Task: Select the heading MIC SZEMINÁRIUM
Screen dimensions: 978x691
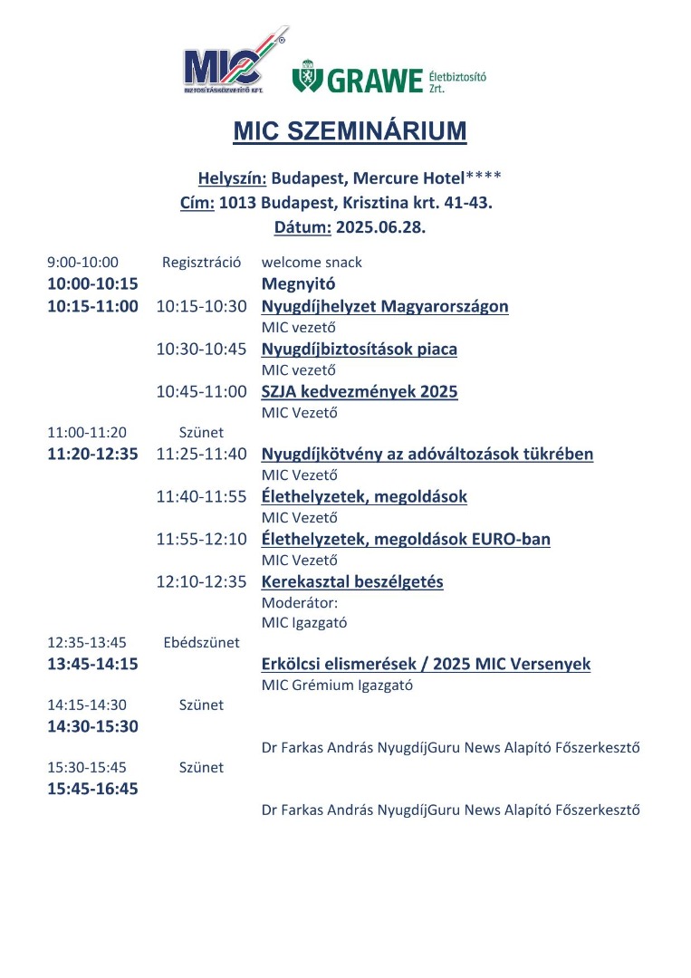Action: click(x=350, y=131)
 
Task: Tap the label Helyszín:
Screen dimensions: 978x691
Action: click(x=232, y=177)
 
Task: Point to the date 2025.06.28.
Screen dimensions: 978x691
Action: click(x=379, y=228)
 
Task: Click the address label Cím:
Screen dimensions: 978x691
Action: click(x=197, y=203)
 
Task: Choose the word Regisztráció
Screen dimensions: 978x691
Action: click(x=201, y=263)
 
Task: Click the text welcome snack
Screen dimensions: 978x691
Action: click(x=312, y=263)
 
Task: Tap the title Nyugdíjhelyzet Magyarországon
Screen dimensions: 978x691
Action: click(x=385, y=306)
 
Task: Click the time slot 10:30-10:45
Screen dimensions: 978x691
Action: click(x=201, y=349)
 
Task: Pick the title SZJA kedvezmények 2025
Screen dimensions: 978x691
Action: click(x=360, y=391)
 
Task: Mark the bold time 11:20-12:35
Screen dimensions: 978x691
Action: click(x=92, y=454)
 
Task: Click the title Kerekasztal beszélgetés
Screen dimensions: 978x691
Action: click(x=352, y=581)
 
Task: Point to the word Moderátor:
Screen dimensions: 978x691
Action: click(x=299, y=602)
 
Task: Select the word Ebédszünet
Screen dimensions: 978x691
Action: click(x=201, y=643)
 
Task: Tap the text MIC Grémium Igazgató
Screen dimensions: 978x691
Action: click(x=337, y=686)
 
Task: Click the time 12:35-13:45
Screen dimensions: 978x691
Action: click(x=87, y=643)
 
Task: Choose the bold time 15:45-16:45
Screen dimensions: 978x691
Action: click(x=92, y=789)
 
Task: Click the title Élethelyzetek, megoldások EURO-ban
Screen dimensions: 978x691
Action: click(x=406, y=539)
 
